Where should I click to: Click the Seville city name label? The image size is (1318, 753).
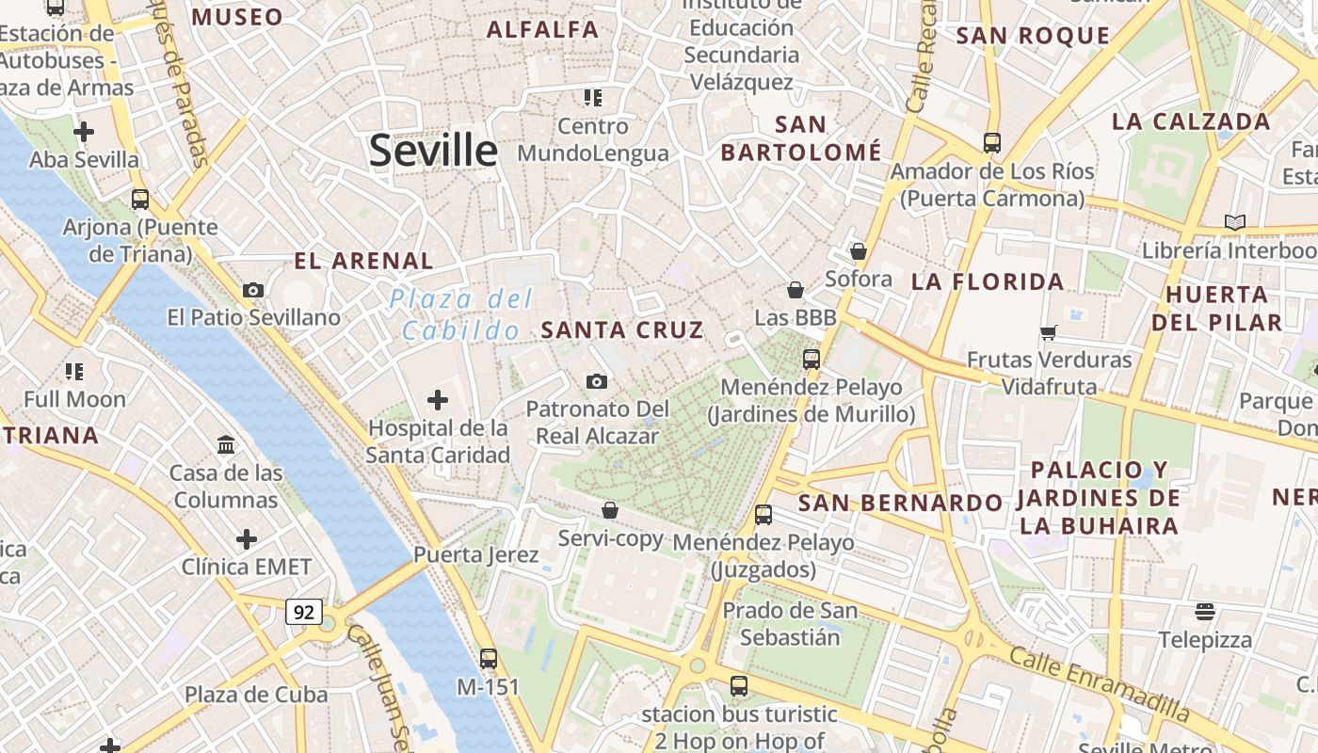coord(433,151)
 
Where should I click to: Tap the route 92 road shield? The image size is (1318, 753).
coord(304,613)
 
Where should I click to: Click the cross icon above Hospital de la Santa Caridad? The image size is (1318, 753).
coord(438,400)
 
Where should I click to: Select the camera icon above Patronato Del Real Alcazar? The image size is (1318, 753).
coord(597,381)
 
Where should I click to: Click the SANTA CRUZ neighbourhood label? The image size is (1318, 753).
coord(622,329)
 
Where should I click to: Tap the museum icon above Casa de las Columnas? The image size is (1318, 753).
coord(226,444)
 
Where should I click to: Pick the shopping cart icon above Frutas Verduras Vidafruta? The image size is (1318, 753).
coord(1048,332)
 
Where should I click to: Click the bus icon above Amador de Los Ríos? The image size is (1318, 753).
coord(992,143)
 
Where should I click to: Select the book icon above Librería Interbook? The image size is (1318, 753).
coord(1235,223)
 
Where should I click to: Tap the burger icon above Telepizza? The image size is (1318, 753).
coord(1205,612)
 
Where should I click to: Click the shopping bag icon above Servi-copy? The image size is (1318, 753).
coord(610,510)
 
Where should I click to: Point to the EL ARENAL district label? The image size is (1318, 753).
coord(363,262)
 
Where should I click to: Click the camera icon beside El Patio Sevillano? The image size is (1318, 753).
coord(252,290)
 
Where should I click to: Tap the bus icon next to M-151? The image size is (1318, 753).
coord(488,659)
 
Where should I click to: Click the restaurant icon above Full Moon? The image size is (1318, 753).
coord(74,372)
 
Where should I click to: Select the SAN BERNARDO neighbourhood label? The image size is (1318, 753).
coord(900,503)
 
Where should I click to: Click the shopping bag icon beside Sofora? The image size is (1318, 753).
coord(858,251)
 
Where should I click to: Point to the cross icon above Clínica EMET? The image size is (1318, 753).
coord(247,539)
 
